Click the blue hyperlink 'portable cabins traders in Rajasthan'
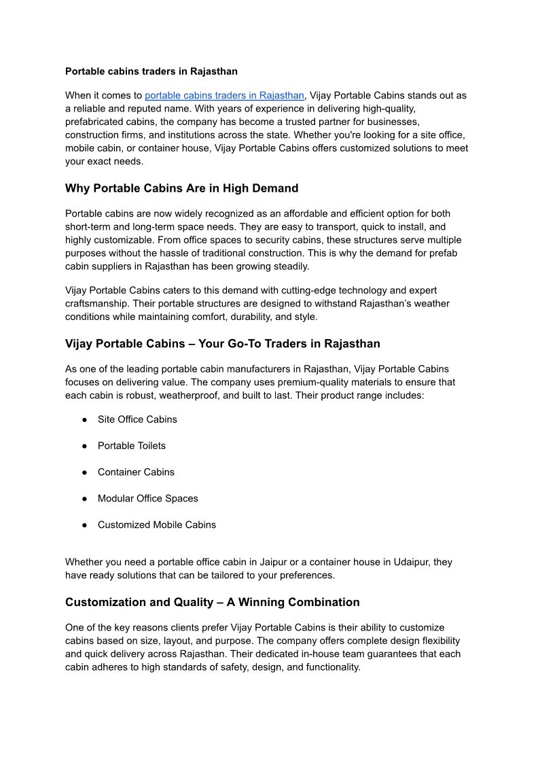tap(224, 96)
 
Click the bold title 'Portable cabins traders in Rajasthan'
tap(151, 71)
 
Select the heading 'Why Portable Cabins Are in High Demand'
tap(181, 188)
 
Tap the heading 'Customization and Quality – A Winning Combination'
tap(212, 602)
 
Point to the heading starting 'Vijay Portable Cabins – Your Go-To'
tap(222, 344)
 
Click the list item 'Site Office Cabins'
tap(137, 419)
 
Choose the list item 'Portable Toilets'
tap(132, 446)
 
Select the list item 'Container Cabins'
tap(136, 472)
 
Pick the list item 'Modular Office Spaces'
tap(148, 499)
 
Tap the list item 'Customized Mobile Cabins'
tap(157, 525)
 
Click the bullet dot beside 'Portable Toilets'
tap(84, 446)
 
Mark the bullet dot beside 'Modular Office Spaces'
tap(84, 499)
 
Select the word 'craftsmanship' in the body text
tap(96, 304)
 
